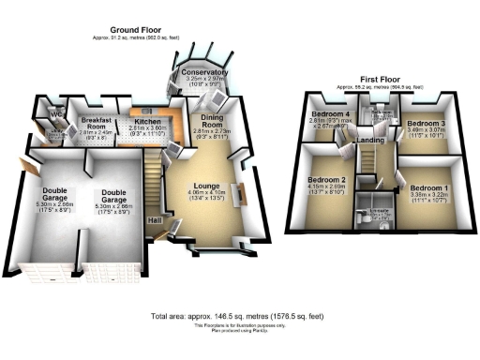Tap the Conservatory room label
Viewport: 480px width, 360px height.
[x=204, y=72]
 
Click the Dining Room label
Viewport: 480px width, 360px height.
[x=217, y=121]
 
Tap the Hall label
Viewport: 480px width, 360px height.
[x=154, y=220]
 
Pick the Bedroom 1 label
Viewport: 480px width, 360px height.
[x=428, y=188]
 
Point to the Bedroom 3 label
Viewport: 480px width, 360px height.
[x=426, y=123]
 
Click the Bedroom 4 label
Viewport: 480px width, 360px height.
[x=330, y=114]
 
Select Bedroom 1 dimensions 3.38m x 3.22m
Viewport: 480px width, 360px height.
[x=428, y=198]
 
